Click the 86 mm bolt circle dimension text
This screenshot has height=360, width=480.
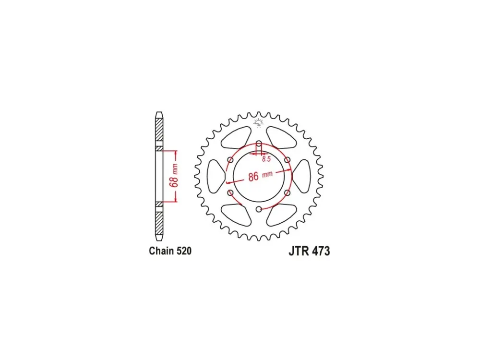click(x=260, y=176)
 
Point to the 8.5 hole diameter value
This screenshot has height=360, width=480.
click(x=266, y=159)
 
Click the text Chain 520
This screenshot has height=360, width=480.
click(x=170, y=251)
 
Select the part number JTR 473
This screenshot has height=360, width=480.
click(x=309, y=251)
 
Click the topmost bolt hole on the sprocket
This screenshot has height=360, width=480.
click(x=259, y=143)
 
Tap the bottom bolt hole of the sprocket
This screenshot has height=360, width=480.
click(x=259, y=209)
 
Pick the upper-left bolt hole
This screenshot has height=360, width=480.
click(x=230, y=160)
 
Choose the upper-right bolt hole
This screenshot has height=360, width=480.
click(x=288, y=160)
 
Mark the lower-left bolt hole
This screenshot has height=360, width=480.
click(x=230, y=193)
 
